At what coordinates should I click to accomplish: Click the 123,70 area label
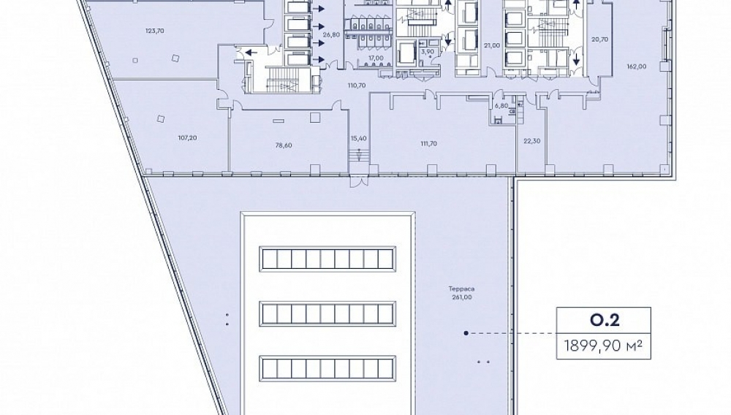pyautogui.click(x=155, y=31)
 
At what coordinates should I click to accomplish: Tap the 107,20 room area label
pyautogui.click(x=187, y=138)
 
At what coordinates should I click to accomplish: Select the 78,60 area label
pyautogui.click(x=284, y=145)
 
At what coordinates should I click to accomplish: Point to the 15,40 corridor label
pyautogui.click(x=358, y=138)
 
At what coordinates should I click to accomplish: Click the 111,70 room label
pyautogui.click(x=428, y=144)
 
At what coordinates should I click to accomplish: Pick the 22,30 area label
pyautogui.click(x=532, y=141)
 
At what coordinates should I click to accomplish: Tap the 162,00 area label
pyautogui.click(x=637, y=66)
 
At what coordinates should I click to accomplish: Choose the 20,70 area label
pyautogui.click(x=599, y=39)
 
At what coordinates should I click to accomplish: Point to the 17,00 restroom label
pyautogui.click(x=376, y=58)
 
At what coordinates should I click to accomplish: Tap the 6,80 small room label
pyautogui.click(x=501, y=106)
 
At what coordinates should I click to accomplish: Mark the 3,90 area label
pyautogui.click(x=428, y=51)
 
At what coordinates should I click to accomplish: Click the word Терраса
pyautogui.click(x=461, y=289)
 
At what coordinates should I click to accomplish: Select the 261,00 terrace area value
pyautogui.click(x=461, y=297)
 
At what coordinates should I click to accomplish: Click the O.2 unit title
pyautogui.click(x=604, y=320)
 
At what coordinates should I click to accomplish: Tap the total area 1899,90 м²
pyautogui.click(x=604, y=346)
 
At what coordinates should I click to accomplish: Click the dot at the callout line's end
pyautogui.click(x=466, y=333)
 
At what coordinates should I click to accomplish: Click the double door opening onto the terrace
pyautogui.click(x=360, y=181)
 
